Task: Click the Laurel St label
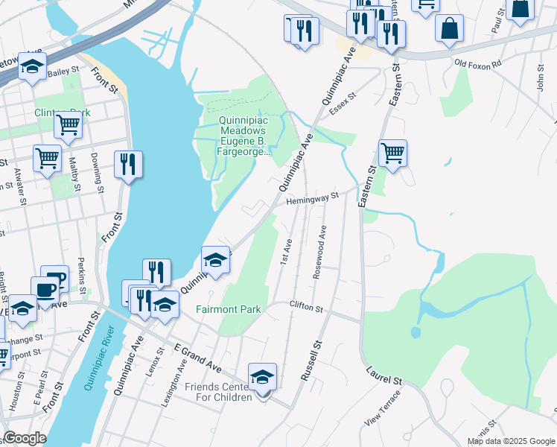click(x=384, y=375)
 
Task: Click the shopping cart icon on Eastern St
click(x=392, y=154)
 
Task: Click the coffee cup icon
click(x=45, y=290)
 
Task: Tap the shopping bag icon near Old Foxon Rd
click(x=450, y=29)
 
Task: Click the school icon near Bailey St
click(x=32, y=67)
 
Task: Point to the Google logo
click(x=25, y=438)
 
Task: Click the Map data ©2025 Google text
click(x=511, y=441)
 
